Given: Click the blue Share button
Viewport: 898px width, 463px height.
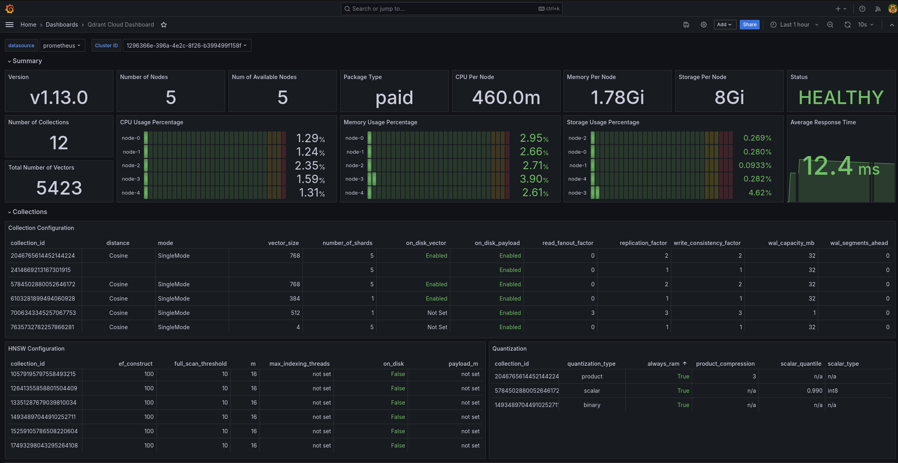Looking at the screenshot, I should coord(749,25).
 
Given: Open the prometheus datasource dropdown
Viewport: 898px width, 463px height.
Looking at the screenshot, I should coord(62,46).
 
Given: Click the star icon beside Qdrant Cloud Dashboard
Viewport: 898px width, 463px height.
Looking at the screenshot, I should coord(164,25).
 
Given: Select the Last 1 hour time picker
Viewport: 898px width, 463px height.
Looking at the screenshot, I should coord(794,25).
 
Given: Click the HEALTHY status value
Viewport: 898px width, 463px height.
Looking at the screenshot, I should coord(841,98).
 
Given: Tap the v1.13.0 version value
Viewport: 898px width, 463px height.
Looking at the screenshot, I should coord(59,98).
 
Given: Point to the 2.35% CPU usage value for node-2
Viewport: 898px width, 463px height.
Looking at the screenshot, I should coord(309,166).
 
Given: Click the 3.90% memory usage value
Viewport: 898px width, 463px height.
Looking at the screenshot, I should coord(534,179).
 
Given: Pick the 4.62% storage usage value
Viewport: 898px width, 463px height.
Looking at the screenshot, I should coord(760,193).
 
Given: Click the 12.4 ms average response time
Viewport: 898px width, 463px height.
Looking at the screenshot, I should coord(841,167).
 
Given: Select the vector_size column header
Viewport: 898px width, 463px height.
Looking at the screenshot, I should coord(283,243).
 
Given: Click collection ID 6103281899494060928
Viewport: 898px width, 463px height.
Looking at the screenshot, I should coord(43,299).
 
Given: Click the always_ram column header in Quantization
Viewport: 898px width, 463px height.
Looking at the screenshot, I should coord(663,364).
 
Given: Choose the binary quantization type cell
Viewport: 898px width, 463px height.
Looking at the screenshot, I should coord(592,405).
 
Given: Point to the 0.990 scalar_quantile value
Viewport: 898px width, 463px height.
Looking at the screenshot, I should coord(814,391).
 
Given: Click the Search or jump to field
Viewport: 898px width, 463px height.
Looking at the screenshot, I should coord(444,9).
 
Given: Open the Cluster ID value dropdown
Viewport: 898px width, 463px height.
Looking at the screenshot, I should coord(186,46).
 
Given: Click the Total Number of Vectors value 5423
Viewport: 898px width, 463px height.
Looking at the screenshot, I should coord(59,188).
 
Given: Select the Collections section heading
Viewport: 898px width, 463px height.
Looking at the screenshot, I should coord(30,212).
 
